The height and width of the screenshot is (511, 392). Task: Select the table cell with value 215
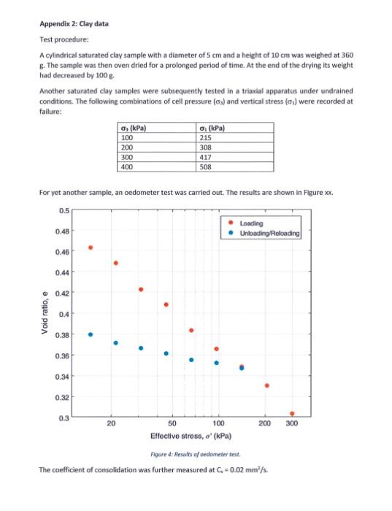pyautogui.click(x=207, y=138)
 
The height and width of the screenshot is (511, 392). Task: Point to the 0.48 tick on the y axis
pyautogui.click(x=64, y=231)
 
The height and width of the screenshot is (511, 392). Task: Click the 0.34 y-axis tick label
pyautogui.click(x=64, y=376)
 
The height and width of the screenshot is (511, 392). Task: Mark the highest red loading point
pyautogui.click(x=91, y=247)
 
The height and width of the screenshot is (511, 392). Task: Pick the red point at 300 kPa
pyautogui.click(x=292, y=413)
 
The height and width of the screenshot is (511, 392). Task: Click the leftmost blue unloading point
pyautogui.click(x=91, y=334)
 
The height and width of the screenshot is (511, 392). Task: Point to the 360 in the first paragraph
pyautogui.click(x=345, y=55)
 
